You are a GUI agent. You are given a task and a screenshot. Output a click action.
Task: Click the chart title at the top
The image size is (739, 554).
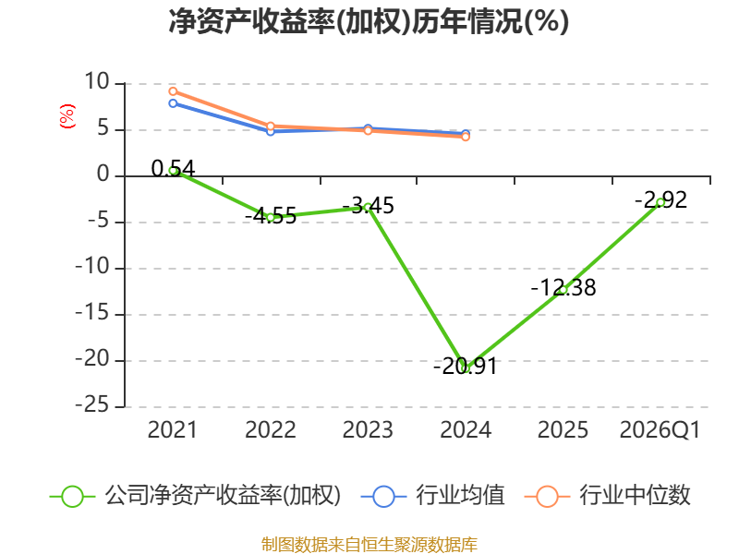(x=369, y=21)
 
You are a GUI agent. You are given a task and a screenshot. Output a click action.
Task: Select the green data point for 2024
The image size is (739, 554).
(x=466, y=368)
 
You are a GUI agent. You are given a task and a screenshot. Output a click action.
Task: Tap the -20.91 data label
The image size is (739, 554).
(x=466, y=366)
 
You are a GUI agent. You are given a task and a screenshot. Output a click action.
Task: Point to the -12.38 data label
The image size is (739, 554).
(x=563, y=287)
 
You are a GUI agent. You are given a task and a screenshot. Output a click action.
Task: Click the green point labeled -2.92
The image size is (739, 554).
(x=660, y=202)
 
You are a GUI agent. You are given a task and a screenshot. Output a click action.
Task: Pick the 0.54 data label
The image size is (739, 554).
(x=173, y=168)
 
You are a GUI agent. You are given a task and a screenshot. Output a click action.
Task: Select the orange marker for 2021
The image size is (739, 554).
(x=173, y=91)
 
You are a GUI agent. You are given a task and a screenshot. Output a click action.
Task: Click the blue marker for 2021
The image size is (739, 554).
(x=173, y=103)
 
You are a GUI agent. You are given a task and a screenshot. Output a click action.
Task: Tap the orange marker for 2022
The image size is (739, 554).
(x=271, y=126)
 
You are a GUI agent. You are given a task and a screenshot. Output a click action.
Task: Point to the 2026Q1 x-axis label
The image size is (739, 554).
(x=660, y=430)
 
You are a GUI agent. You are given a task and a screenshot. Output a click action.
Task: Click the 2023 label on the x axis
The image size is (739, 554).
(x=368, y=430)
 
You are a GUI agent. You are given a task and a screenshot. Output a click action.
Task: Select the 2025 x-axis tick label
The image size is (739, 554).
(x=563, y=430)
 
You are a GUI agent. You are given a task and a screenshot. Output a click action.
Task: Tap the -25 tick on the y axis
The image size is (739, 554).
(x=92, y=405)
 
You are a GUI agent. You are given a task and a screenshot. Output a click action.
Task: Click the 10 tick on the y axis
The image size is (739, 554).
(x=97, y=82)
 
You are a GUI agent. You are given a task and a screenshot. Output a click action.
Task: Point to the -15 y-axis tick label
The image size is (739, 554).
(x=92, y=313)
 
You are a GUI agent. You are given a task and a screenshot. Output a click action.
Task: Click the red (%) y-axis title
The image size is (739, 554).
(x=67, y=116)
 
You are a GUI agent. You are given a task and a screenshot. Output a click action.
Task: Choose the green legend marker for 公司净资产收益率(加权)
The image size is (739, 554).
(x=73, y=497)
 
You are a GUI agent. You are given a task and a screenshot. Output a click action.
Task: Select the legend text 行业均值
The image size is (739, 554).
(x=460, y=495)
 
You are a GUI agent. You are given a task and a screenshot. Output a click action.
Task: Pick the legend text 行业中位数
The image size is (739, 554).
(x=635, y=495)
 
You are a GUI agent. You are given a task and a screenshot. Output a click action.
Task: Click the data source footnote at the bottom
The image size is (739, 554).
(x=369, y=545)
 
